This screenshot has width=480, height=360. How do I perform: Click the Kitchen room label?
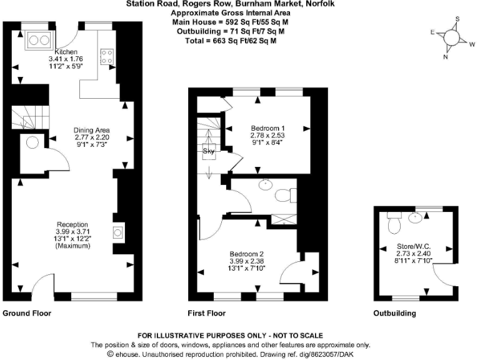tap(66, 51)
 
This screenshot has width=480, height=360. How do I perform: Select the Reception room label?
tap(72, 224)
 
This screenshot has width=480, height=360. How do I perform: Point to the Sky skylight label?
tap(208, 151)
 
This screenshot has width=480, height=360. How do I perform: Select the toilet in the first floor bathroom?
tap(284, 195)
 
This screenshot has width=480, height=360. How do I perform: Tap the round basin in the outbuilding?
tap(415, 217)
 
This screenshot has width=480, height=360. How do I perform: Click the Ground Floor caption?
tap(27, 313)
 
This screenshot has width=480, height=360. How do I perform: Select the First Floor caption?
tap(206, 313)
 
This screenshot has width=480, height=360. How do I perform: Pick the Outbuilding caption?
tap(394, 313)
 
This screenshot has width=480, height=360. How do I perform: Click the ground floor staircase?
tap(29, 116)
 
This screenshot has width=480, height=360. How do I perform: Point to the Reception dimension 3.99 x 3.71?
tap(72, 232)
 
